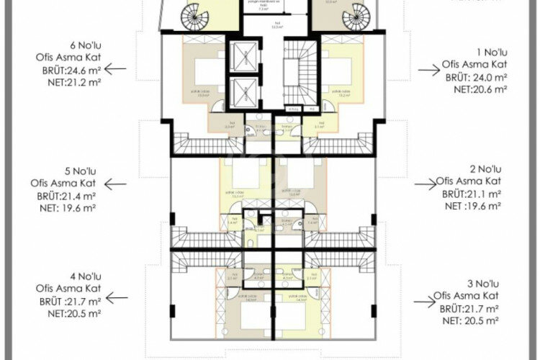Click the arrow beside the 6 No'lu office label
coord(115,69)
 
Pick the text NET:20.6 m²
coord(480,89)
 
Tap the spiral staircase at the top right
coord(356,14)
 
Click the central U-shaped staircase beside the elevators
coord(297,74)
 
